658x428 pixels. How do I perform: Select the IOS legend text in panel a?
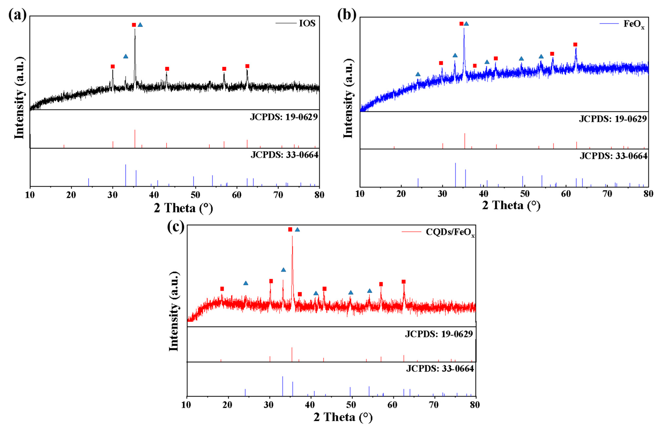click(307, 23)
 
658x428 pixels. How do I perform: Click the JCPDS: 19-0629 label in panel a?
click(284, 117)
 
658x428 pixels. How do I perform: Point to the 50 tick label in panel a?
click(195, 195)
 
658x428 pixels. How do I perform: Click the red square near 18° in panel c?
click(222, 289)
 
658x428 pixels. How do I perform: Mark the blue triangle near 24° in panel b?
click(418, 74)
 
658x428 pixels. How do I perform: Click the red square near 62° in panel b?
click(575, 44)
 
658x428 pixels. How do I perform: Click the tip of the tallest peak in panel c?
click(292, 236)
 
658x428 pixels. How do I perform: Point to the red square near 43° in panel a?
click(167, 69)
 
